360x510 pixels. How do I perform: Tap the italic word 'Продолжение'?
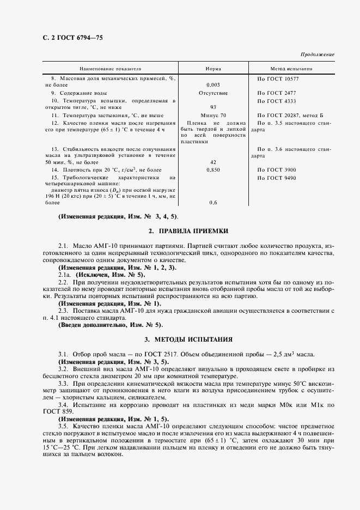[x=318, y=55]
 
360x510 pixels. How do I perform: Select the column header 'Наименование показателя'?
[x=111, y=70]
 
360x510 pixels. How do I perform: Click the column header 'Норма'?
[x=213, y=70]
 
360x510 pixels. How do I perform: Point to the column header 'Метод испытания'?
[x=291, y=70]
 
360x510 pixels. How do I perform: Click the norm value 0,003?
[x=213, y=86]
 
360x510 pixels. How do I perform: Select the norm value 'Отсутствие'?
[x=213, y=93]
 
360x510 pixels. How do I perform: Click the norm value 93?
[x=213, y=107]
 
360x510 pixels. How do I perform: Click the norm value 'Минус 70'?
[x=213, y=116]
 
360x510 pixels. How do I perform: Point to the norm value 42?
[x=213, y=162]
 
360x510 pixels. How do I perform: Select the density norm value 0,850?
[x=213, y=170]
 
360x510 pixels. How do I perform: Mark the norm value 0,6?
[x=213, y=203]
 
